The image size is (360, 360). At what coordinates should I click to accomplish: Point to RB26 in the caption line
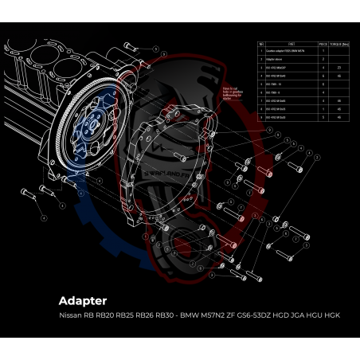click(151, 315)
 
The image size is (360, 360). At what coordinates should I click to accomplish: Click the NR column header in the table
click(261, 44)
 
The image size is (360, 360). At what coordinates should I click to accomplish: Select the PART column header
click(292, 44)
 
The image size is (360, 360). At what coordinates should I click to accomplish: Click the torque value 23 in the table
click(339, 68)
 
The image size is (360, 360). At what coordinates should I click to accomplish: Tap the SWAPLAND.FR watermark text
click(178, 158)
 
